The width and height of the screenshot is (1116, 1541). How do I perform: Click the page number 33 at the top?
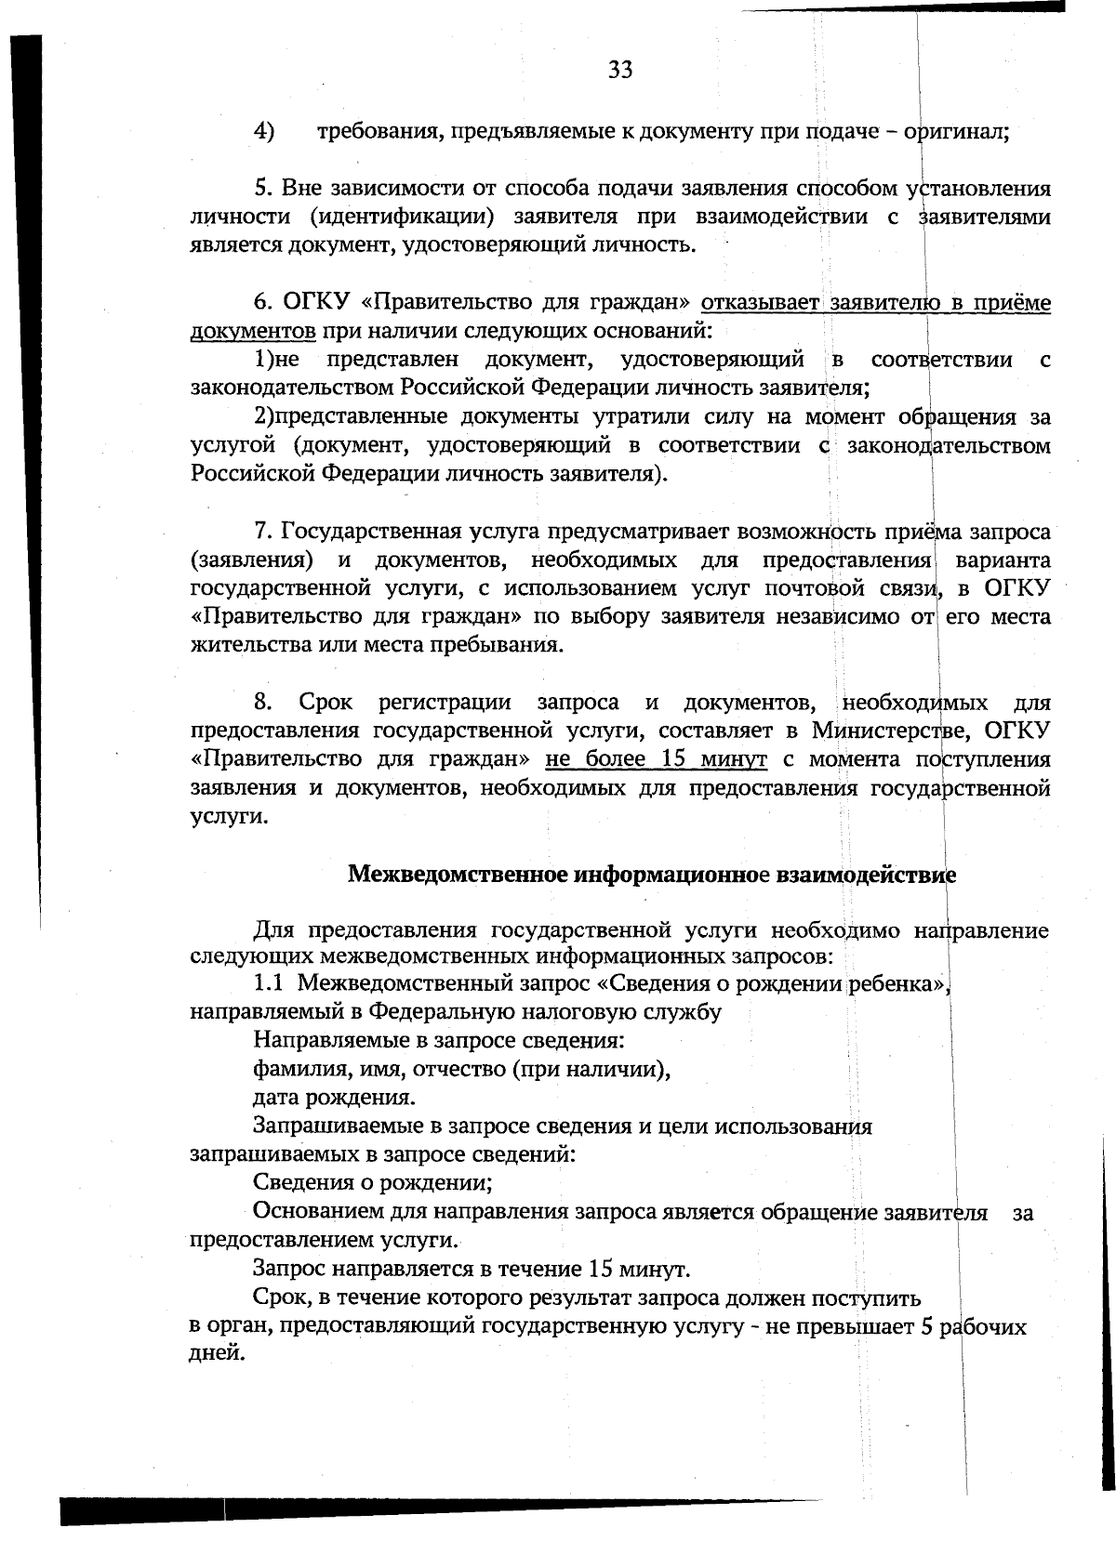[620, 70]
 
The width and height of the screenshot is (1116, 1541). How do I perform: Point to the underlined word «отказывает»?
[758, 303]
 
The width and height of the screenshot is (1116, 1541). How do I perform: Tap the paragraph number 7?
[262, 532]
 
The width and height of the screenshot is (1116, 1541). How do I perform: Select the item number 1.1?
[270, 982]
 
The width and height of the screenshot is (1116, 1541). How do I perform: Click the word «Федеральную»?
[432, 1011]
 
